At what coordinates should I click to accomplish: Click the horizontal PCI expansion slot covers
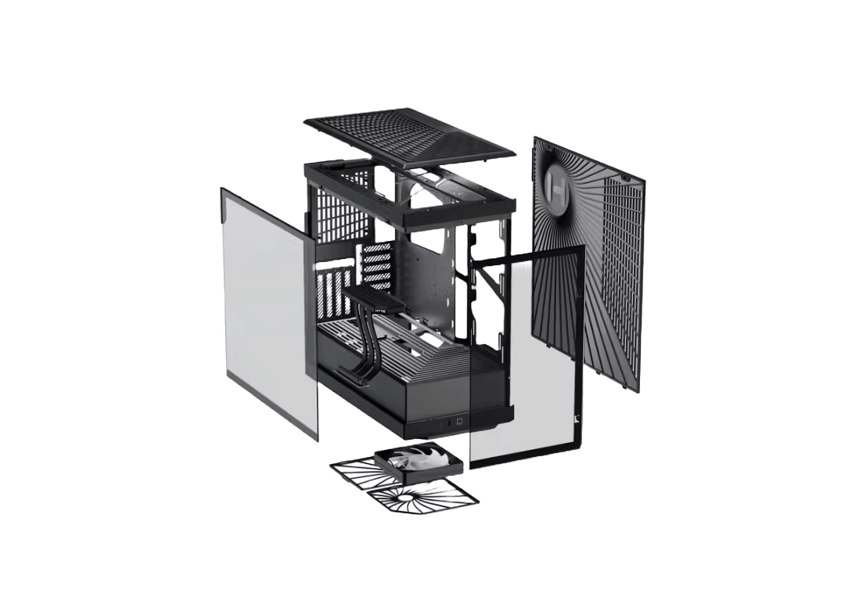376,262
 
